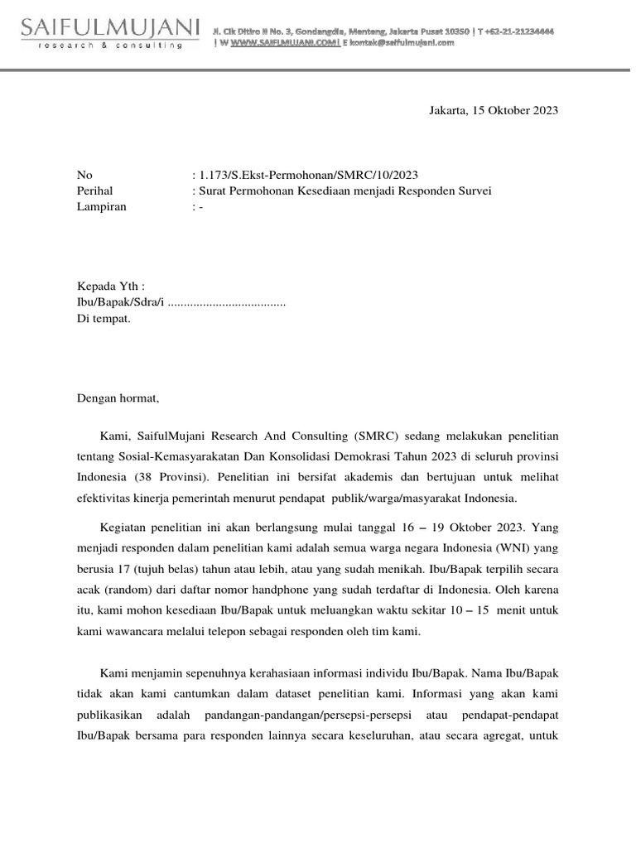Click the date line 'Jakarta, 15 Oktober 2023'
click(x=493, y=110)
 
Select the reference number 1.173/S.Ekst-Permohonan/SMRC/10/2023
click(x=306, y=175)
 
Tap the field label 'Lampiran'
click(x=101, y=207)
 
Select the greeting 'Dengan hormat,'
click(x=117, y=398)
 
